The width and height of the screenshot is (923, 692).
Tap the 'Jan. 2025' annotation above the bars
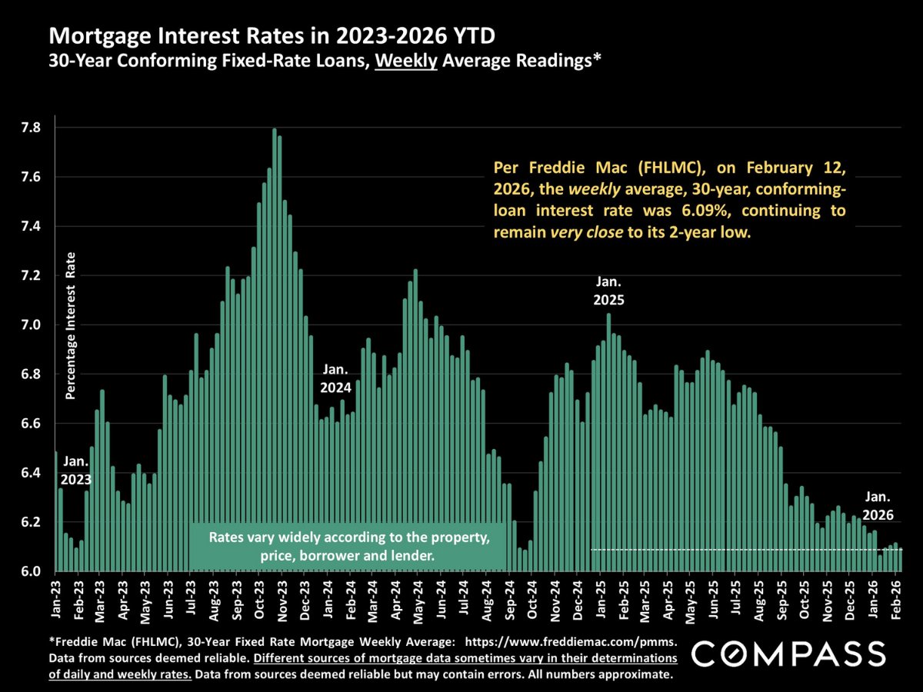tap(608, 289)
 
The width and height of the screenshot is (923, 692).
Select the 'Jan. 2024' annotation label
tap(336, 378)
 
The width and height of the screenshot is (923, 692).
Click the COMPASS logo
tap(787, 654)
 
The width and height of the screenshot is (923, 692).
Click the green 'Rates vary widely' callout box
tap(348, 547)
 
